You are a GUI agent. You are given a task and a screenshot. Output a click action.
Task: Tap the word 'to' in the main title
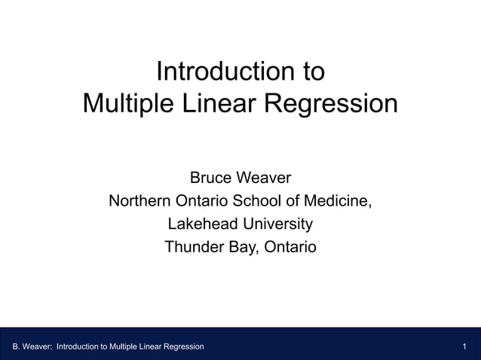[x=314, y=72]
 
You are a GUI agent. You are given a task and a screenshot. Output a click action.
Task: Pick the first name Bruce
[x=210, y=178]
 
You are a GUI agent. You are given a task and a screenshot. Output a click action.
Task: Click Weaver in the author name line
[x=265, y=178]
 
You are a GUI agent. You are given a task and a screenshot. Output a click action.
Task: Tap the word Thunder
[x=194, y=246]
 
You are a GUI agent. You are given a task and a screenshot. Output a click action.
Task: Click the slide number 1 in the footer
[x=465, y=346]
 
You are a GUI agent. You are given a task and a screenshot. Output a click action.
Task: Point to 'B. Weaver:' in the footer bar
[x=32, y=346]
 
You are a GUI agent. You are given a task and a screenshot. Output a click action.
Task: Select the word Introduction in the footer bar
[x=81, y=346]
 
